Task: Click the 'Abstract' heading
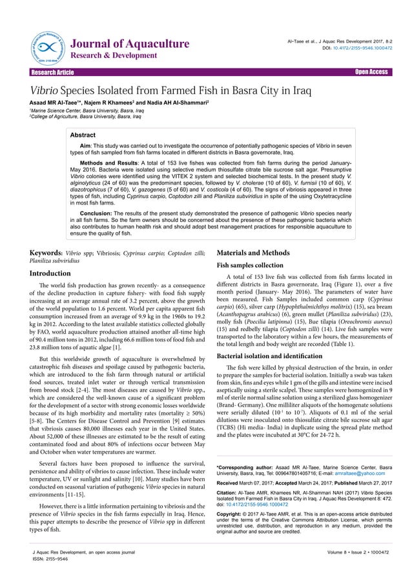point(83,136)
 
